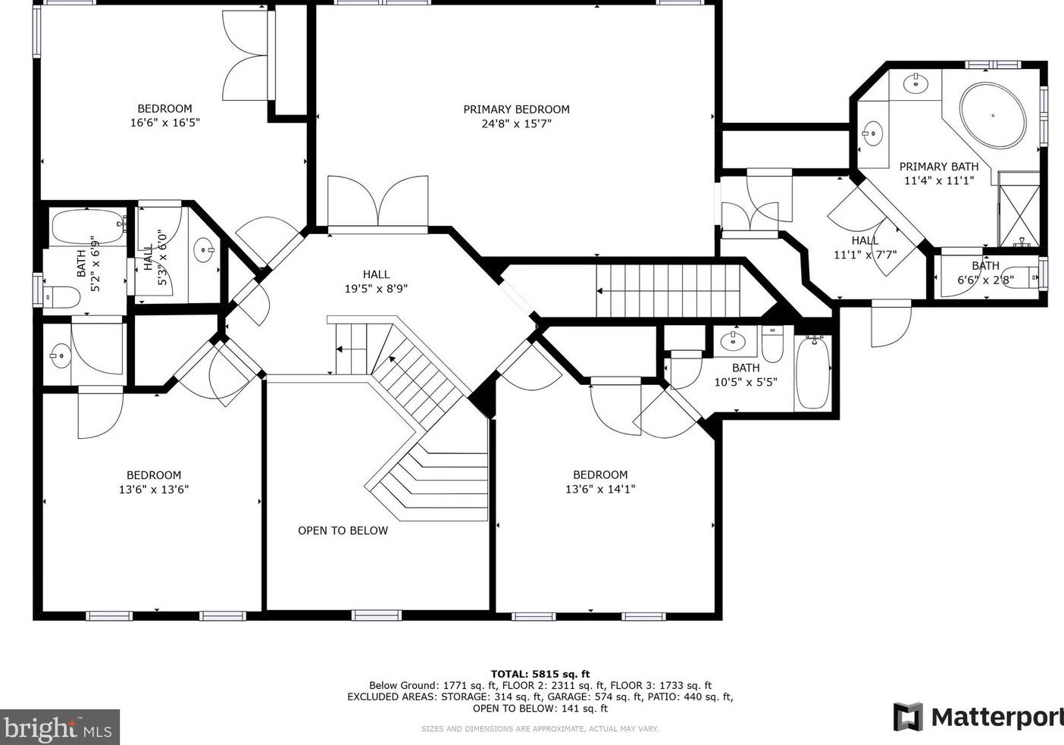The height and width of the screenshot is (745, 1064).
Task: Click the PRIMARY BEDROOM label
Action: point(516,109)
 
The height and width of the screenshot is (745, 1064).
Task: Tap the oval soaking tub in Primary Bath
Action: point(992,115)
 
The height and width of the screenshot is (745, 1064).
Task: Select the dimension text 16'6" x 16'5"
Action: point(164,123)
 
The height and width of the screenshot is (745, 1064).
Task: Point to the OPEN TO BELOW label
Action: point(343,531)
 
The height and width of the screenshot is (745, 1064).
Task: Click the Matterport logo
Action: point(978,717)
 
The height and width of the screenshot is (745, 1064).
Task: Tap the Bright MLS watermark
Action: point(59,728)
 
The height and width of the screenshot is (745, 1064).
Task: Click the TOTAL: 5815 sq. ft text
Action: point(540,674)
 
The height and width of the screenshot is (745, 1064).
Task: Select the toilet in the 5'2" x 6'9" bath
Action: point(61,297)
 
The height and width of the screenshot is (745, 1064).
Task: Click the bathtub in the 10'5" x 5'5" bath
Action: point(813,372)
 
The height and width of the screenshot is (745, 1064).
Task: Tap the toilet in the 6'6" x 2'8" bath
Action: point(1022,277)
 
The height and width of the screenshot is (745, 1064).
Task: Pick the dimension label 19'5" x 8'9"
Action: point(376,289)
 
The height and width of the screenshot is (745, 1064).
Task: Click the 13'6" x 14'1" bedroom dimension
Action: point(600,489)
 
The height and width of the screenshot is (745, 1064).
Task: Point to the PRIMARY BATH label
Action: point(939,167)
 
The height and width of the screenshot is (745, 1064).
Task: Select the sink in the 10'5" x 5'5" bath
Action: point(732,340)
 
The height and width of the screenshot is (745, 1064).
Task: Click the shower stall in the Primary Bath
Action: point(1019,209)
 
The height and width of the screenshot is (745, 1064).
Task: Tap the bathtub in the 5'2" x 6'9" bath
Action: point(87,227)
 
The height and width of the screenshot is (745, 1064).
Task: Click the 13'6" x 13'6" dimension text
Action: point(154,489)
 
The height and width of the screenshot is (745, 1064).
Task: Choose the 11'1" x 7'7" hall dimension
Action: point(865,255)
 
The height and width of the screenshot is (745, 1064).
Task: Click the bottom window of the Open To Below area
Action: point(377,615)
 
